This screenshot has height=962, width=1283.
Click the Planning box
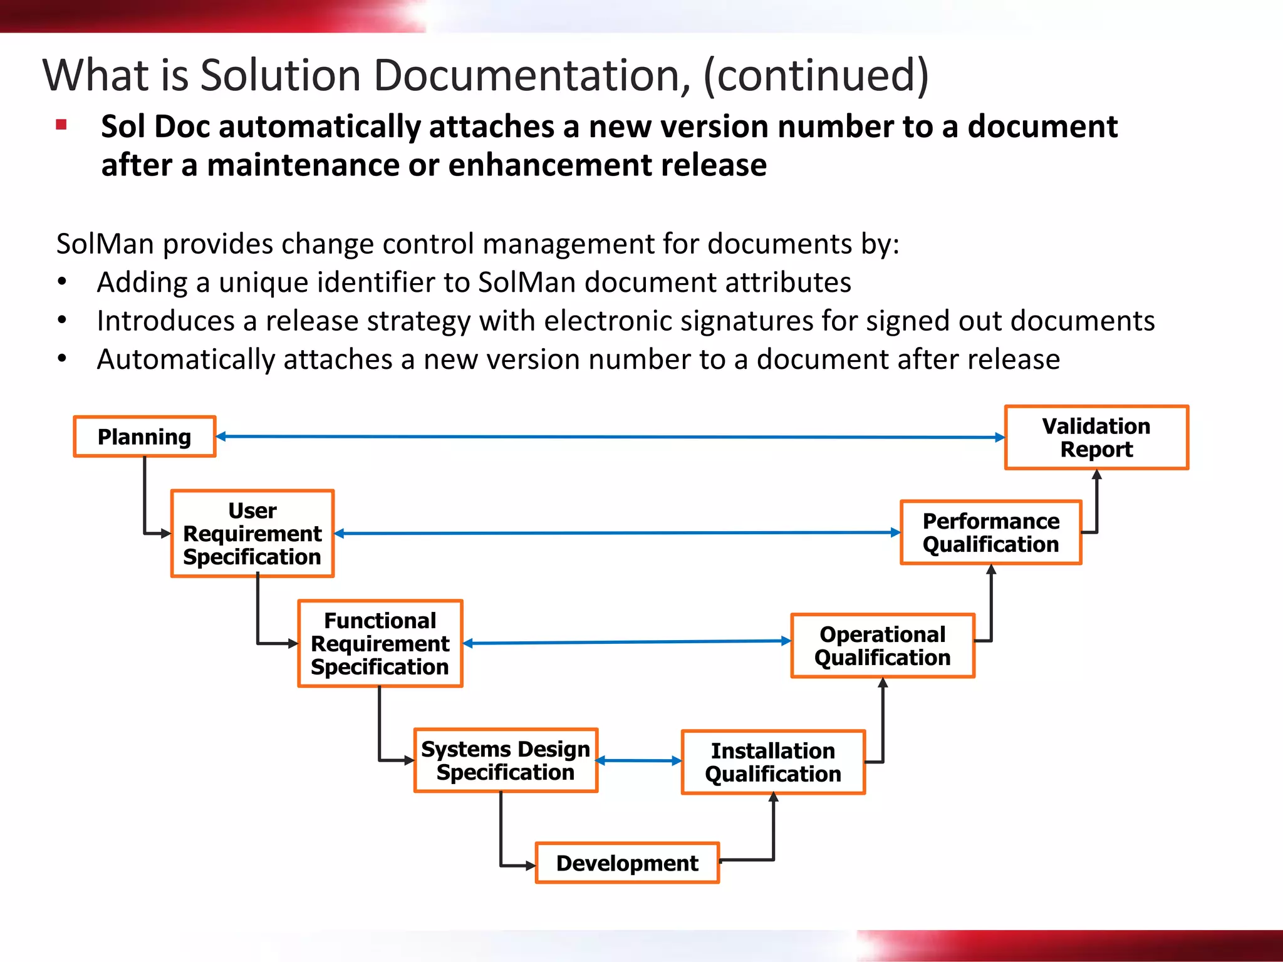click(x=145, y=437)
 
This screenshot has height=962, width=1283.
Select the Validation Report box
click(x=1096, y=438)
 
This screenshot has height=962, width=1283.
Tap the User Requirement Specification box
click(x=252, y=534)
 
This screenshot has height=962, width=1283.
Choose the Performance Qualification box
click(x=991, y=532)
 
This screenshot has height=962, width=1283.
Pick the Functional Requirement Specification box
click(x=380, y=644)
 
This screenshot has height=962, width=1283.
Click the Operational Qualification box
click(x=883, y=646)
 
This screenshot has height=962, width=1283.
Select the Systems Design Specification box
click(x=506, y=760)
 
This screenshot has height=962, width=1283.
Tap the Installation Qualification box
click(x=773, y=762)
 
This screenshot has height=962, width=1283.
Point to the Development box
click(x=627, y=863)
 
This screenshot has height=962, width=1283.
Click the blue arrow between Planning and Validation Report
click(x=611, y=437)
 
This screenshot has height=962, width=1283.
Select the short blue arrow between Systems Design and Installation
click(x=639, y=761)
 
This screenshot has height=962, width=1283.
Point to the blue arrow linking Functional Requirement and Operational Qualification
click(x=626, y=643)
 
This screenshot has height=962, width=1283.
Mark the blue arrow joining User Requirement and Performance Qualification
click(x=617, y=534)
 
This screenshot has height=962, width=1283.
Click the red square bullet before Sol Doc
click(x=61, y=125)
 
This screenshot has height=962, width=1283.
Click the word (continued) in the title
click(x=816, y=75)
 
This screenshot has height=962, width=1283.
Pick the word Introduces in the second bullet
click(x=164, y=321)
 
